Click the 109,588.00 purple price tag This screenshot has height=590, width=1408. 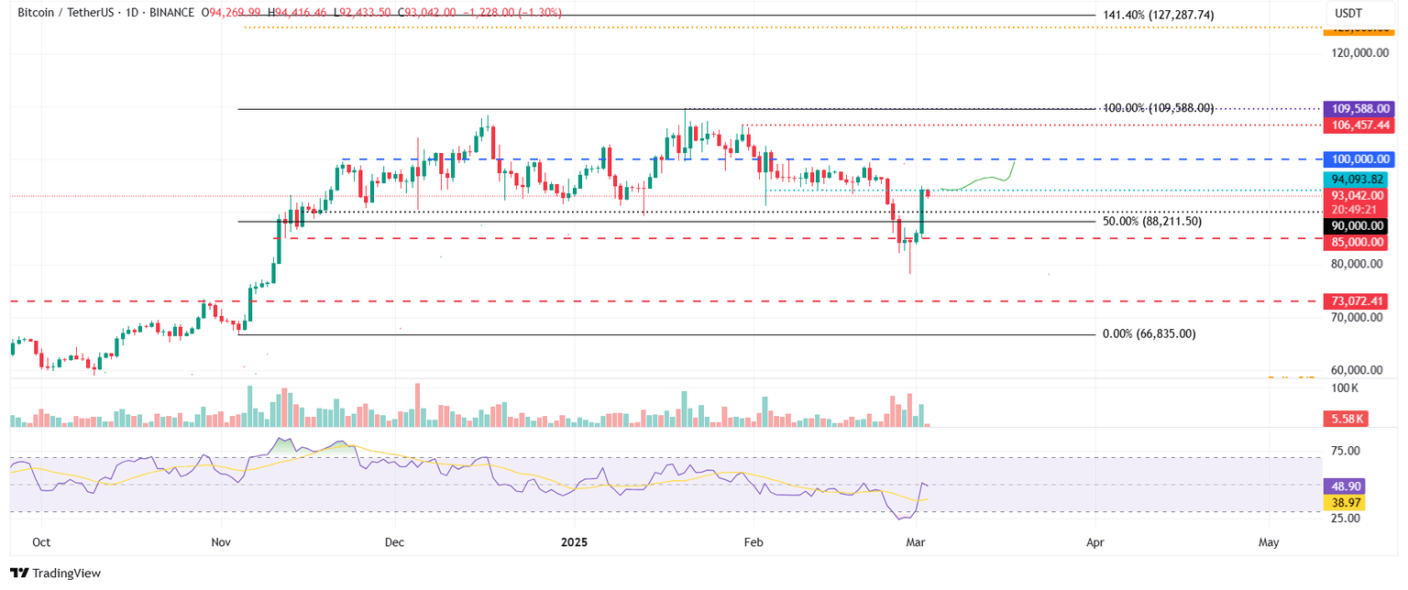(1360, 108)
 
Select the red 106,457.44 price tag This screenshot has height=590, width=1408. (1360, 124)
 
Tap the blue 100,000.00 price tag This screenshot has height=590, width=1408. (1360, 158)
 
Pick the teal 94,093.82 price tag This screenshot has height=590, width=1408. (1360, 180)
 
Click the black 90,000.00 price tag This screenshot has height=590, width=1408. (1360, 225)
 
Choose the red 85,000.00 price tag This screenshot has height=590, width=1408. (1360, 242)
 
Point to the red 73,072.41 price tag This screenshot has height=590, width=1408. (1360, 300)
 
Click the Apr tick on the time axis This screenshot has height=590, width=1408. (1094, 542)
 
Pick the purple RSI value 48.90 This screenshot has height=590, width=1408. (1345, 486)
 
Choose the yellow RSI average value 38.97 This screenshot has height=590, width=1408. (1345, 503)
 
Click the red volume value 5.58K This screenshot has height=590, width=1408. (1345, 419)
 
